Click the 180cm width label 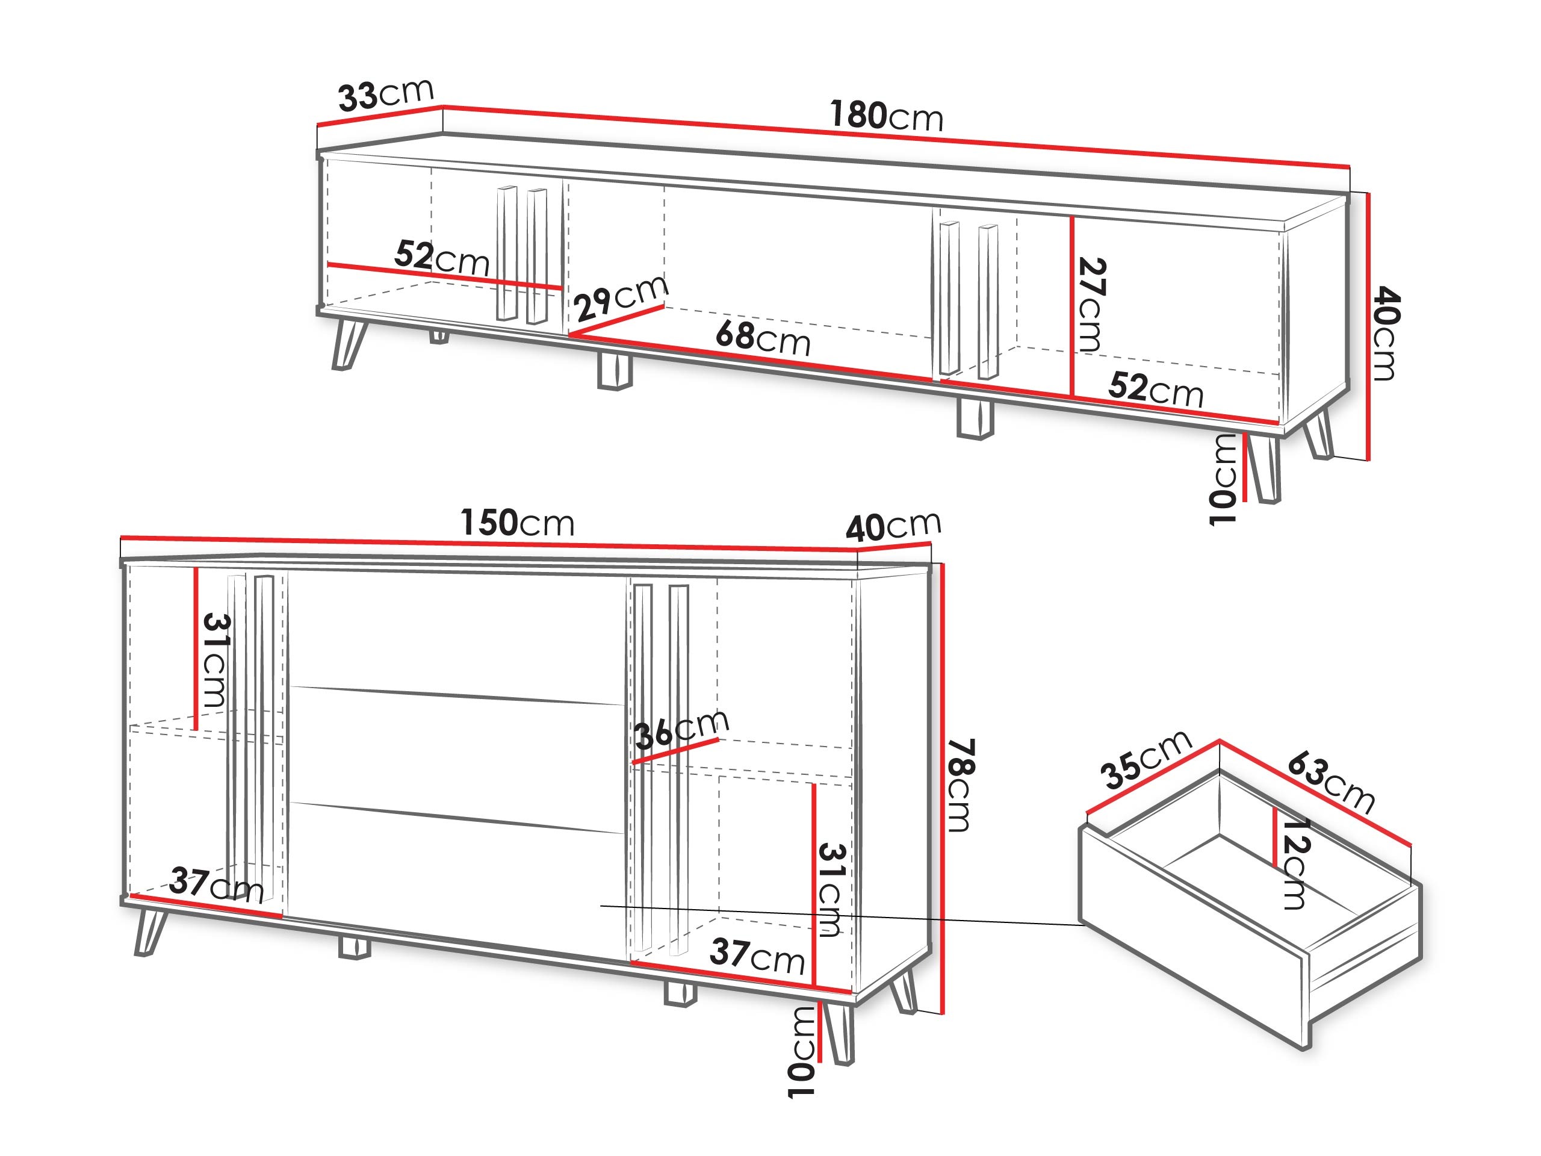[x=885, y=116]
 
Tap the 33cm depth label [x=385, y=96]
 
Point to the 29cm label [x=621, y=297]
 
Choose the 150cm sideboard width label [x=517, y=523]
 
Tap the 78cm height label [x=961, y=785]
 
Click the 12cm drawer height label [x=1294, y=864]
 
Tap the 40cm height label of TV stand [x=1385, y=335]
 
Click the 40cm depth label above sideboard [x=893, y=527]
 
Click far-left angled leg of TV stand [x=348, y=344]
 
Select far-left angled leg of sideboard [x=150, y=932]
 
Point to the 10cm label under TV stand [x=1223, y=479]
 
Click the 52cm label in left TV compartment [x=442, y=258]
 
